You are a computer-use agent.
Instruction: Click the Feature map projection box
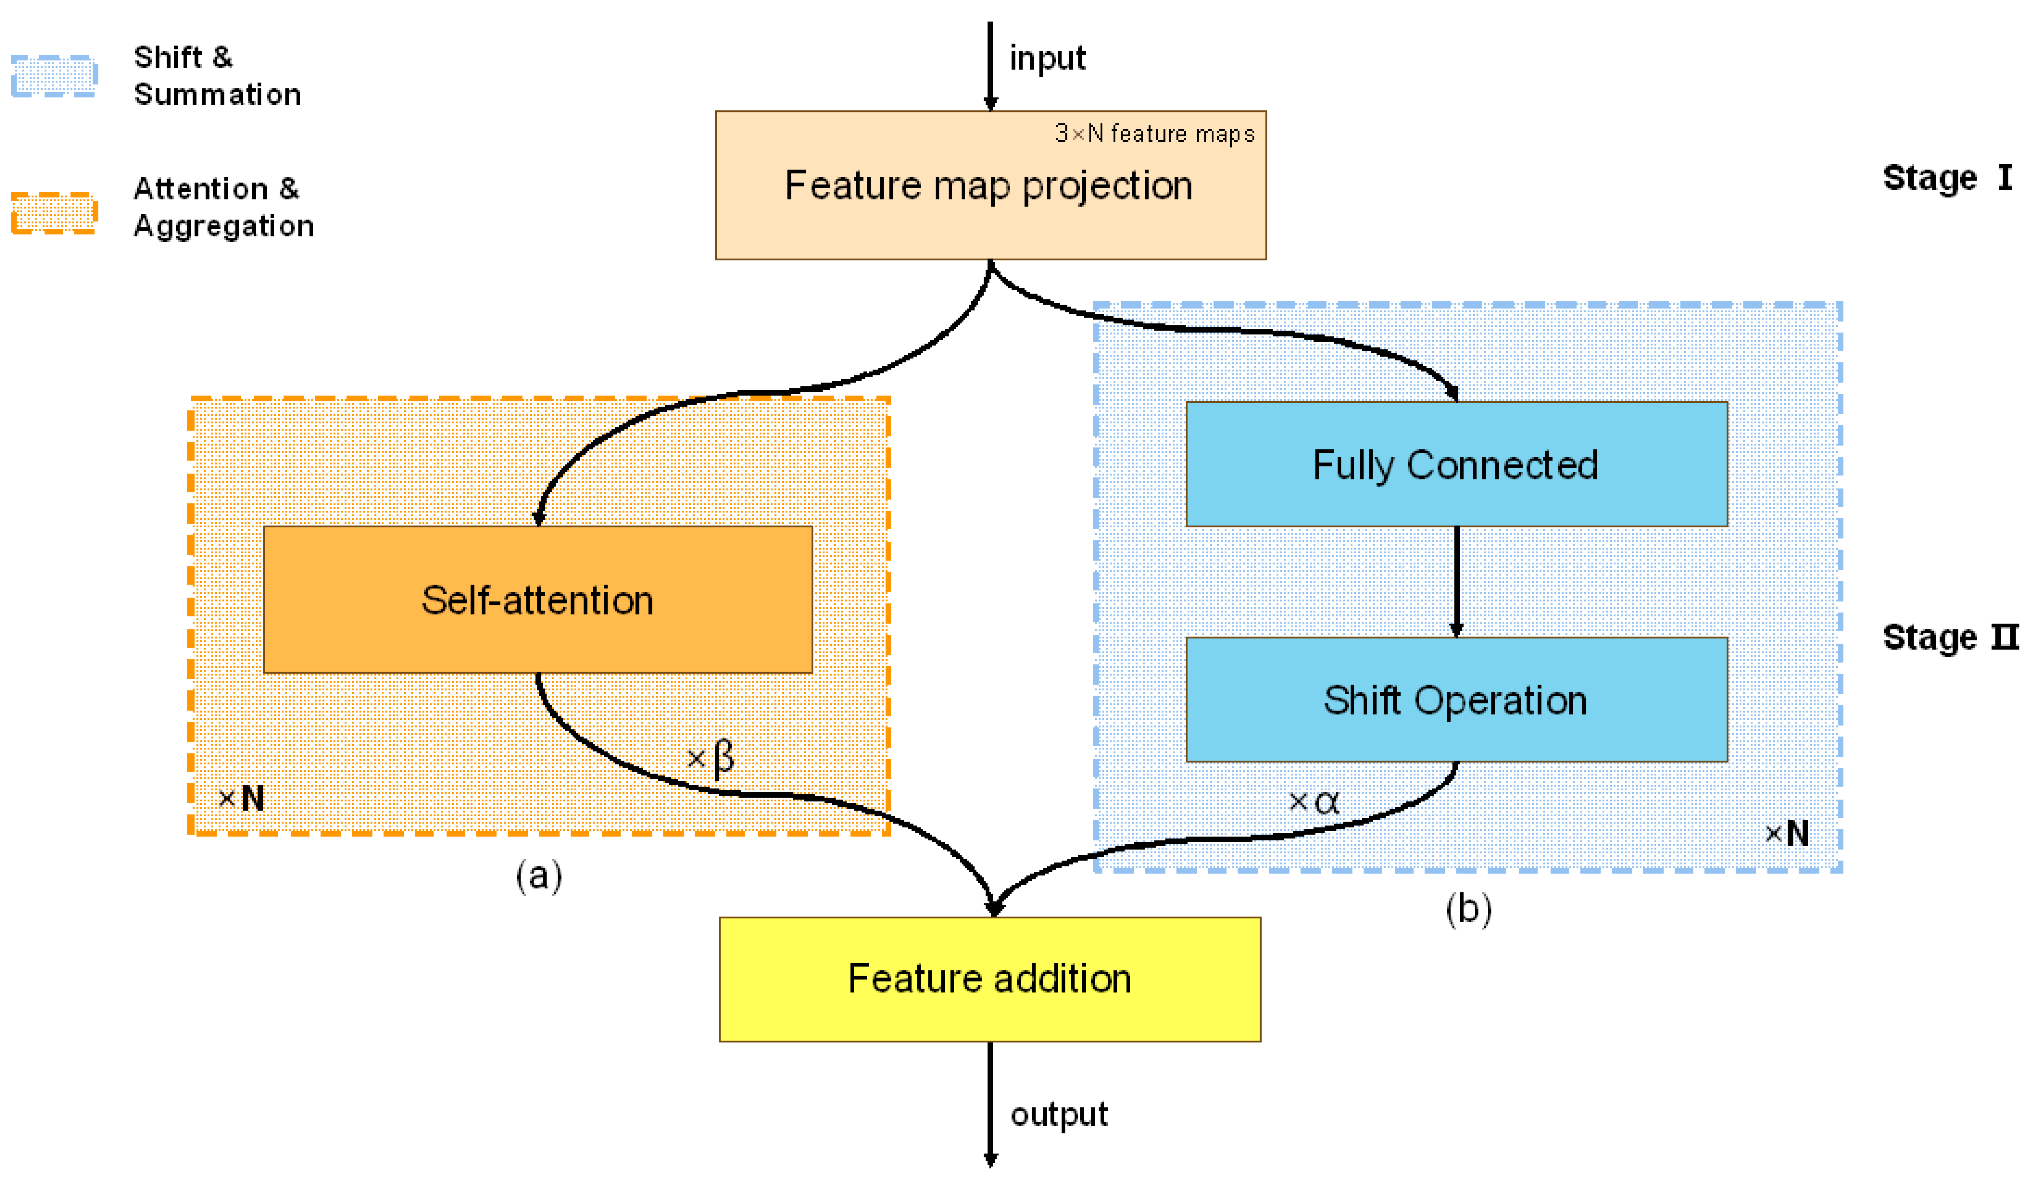(990, 186)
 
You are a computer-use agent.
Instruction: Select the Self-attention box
(538, 599)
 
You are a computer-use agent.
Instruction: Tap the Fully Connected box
(1456, 465)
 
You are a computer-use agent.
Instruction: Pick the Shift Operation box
(1456, 700)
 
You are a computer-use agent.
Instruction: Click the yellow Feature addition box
(990, 979)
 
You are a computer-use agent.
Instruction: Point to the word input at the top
(1047, 58)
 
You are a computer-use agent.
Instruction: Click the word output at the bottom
(1059, 1115)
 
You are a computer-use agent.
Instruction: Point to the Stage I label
(1947, 178)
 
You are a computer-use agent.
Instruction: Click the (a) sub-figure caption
(538, 875)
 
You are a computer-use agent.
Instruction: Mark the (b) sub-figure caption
(1468, 909)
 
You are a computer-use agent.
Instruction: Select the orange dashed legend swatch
(54, 213)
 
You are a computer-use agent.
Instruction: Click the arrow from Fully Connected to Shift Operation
(1456, 581)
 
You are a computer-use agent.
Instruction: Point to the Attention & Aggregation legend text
(223, 207)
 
